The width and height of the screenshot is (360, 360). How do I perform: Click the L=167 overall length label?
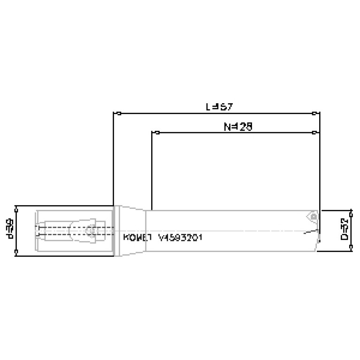219,107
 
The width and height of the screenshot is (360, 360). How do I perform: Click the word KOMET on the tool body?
137,237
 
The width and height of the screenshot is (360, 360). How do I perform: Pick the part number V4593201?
181,237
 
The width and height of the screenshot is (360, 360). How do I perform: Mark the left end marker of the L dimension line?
120,113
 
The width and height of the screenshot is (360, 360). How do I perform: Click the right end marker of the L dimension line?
315,113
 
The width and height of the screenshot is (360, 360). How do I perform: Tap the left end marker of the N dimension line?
158,133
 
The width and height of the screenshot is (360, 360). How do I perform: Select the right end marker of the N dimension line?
315,133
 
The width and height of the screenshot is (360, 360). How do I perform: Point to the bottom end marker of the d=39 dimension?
17,253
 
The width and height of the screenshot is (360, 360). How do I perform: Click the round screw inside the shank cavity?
89,231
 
